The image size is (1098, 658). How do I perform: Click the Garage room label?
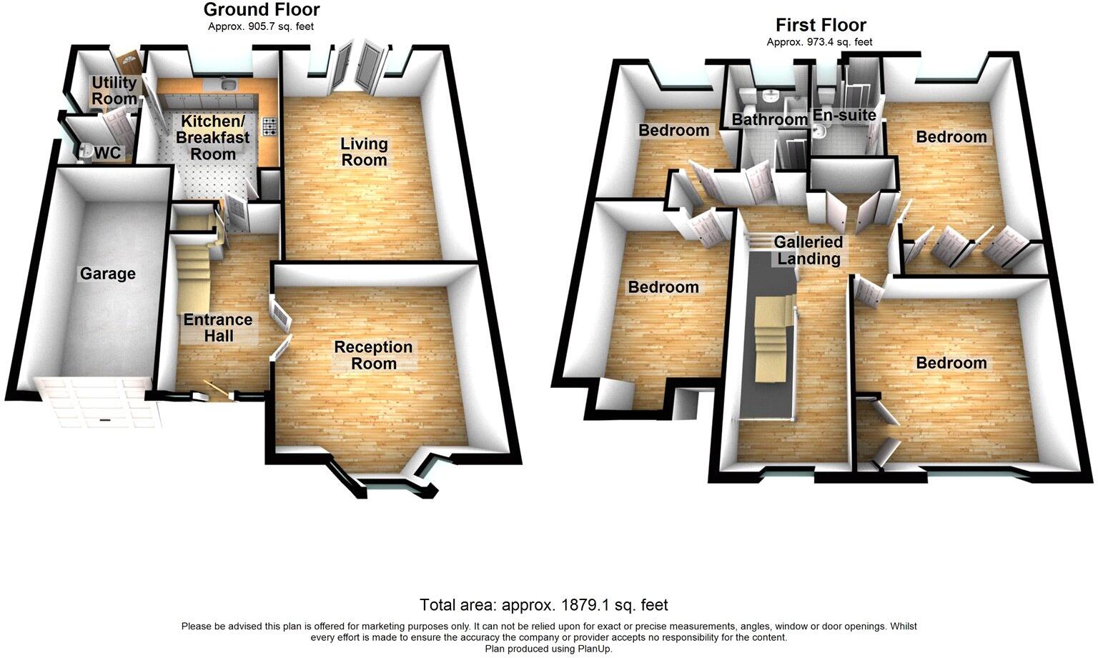107,274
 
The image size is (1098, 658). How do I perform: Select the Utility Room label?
114,91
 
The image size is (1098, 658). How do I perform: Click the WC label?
107,153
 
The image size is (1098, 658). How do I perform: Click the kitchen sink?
229,85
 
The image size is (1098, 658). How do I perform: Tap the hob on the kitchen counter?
270,126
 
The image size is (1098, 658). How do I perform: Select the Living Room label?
364,151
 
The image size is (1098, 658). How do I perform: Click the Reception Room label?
373,355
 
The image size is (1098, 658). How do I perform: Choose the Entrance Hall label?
218,327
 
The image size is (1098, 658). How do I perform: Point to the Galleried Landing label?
808,250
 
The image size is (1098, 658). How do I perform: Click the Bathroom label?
769,119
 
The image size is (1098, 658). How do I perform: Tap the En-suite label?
844,115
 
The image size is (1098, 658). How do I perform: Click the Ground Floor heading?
262,10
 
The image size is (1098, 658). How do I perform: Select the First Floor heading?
821,25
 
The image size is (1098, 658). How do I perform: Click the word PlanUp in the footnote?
594,649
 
